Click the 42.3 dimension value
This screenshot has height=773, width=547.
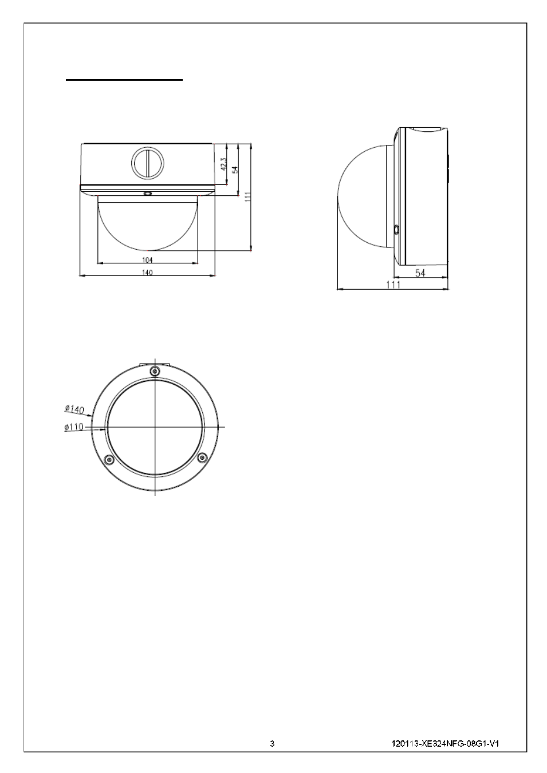[x=223, y=164]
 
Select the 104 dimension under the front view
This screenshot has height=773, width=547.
[x=147, y=260]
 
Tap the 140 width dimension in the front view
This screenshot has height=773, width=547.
[x=147, y=273]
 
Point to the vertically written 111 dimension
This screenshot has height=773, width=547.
[x=247, y=197]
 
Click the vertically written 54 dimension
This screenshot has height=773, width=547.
[x=235, y=170]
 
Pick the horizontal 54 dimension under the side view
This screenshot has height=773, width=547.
[x=420, y=273]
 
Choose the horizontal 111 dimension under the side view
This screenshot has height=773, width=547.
[x=393, y=285]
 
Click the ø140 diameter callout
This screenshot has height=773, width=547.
[x=74, y=409]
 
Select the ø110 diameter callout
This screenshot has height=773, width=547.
[x=74, y=427]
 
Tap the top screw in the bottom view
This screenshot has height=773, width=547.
[x=155, y=371]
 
